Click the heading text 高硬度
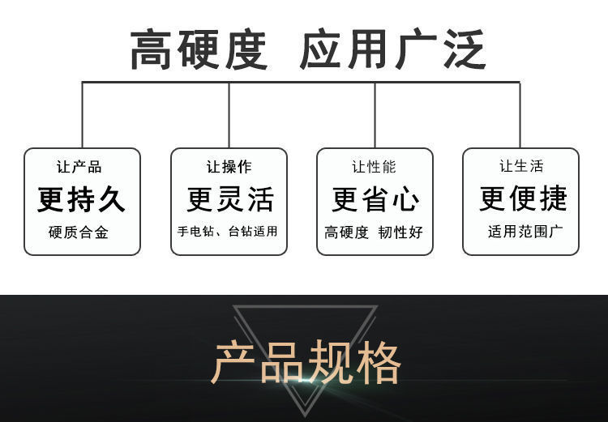[199, 49]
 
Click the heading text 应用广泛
[392, 49]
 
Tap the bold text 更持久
[82, 199]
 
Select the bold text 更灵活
[229, 199]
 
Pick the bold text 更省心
[375, 199]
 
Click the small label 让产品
[79, 167]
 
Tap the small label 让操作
[229, 167]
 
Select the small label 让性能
[375, 167]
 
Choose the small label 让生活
[521, 167]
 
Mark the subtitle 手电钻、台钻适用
[228, 232]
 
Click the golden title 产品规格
[306, 364]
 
